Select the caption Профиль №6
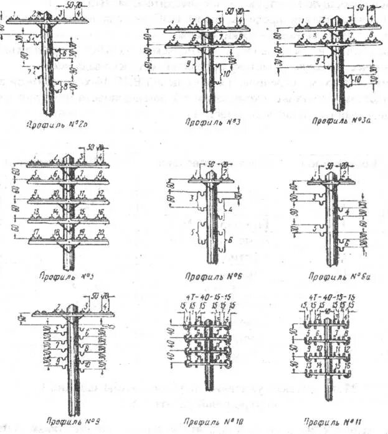click(204, 274)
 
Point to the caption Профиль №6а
click(336, 274)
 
